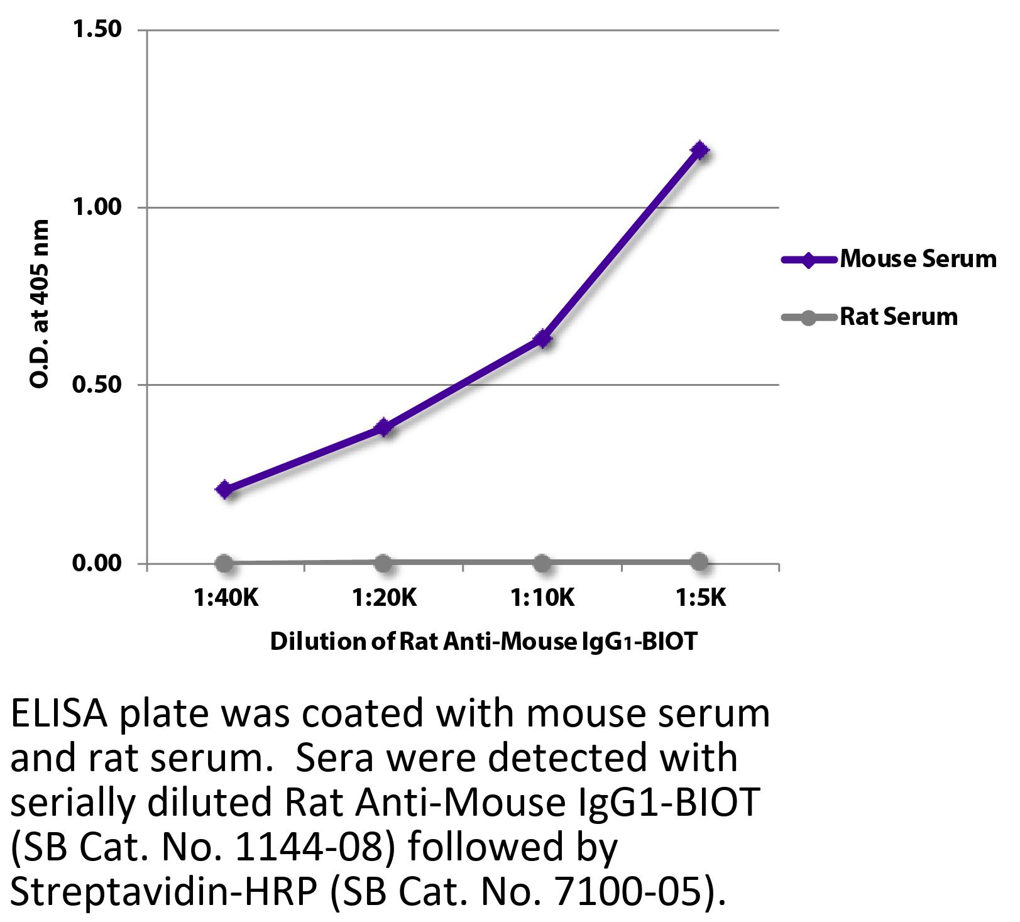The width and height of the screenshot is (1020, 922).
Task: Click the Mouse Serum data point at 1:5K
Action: tap(699, 150)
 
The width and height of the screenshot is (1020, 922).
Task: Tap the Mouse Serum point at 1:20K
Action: tap(383, 428)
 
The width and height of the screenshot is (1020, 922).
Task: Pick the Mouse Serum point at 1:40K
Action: tap(225, 490)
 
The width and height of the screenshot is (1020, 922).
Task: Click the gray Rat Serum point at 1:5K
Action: tap(699, 562)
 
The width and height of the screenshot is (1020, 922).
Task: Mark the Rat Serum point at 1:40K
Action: tap(224, 563)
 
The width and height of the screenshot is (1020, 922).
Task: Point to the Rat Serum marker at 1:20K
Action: tap(383, 563)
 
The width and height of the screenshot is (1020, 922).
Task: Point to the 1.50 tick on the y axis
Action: tap(97, 30)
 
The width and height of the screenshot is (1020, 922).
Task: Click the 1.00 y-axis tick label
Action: tap(97, 207)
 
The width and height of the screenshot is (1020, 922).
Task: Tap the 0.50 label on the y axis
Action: tap(97, 385)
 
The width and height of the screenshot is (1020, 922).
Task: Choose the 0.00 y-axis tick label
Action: tap(97, 563)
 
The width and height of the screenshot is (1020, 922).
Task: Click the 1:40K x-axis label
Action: tap(226, 598)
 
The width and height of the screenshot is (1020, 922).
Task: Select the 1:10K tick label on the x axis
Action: tap(543, 598)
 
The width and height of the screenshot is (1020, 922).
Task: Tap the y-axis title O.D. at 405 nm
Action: tap(39, 304)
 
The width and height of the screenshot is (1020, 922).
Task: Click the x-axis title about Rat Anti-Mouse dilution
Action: tap(484, 642)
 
